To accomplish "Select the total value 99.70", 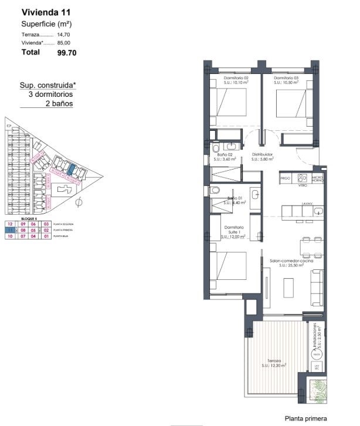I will click(67, 52).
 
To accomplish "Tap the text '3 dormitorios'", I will click(50, 94).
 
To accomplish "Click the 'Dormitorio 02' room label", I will click(236, 78).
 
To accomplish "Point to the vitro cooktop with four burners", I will click(303, 177).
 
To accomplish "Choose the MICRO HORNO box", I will click(318, 177).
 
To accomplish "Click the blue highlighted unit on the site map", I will click(72, 169).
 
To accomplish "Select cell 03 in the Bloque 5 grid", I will click(46, 224).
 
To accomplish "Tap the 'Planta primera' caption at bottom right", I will click(305, 418).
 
